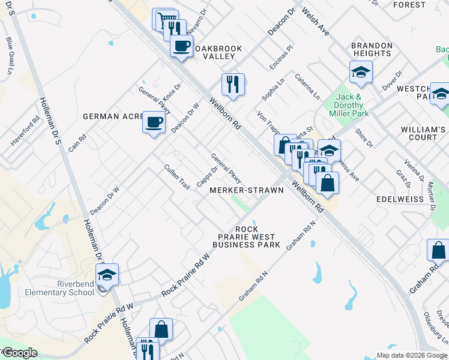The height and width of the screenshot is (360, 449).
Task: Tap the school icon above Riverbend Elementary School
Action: pos(107,275)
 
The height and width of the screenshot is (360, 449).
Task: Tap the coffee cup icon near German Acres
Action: pos(154,122)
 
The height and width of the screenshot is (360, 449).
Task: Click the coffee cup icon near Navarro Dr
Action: pos(181,46)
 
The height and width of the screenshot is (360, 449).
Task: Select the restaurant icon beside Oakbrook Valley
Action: pos(232,83)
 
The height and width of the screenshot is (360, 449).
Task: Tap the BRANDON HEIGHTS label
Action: pos(372,49)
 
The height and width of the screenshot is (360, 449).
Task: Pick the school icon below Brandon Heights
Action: pos(361,73)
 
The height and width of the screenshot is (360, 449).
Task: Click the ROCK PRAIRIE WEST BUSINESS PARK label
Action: pos(246,237)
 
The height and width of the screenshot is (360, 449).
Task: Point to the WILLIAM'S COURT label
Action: pos(423,133)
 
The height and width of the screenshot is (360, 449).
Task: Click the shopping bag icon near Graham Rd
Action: pos(438,250)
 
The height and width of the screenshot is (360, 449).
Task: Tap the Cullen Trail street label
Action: pos(176,176)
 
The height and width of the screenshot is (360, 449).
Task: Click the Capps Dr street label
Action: pos(206,176)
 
